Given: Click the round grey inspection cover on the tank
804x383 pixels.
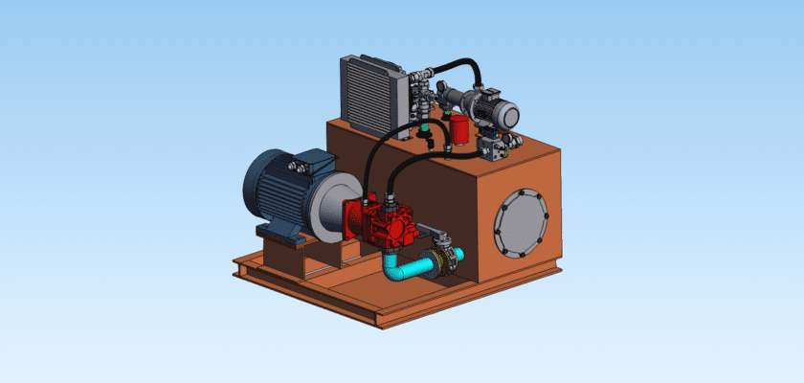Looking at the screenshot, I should click(x=520, y=222).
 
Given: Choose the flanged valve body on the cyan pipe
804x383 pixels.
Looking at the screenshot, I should click(x=442, y=261).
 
